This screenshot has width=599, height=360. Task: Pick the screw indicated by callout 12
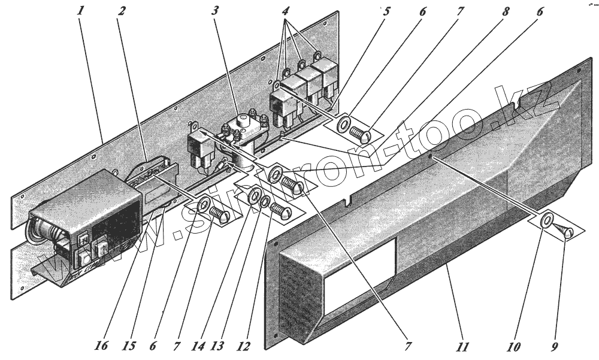279,210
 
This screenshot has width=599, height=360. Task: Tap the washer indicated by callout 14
253,196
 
